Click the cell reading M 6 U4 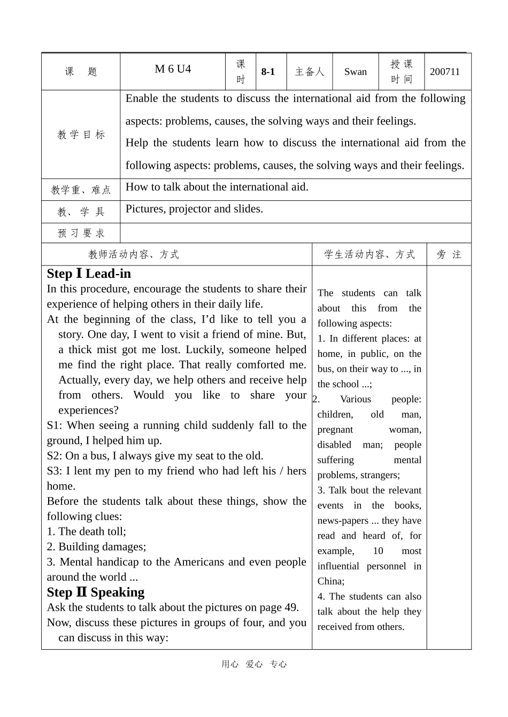click(x=172, y=69)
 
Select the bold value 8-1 click(x=268, y=72)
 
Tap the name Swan click(x=355, y=72)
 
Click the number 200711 click(x=444, y=72)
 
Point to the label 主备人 click(x=310, y=72)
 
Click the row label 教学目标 click(x=81, y=135)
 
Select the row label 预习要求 click(x=81, y=233)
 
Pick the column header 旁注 click(x=449, y=254)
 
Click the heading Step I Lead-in click(x=89, y=274)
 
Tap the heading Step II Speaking click(x=96, y=592)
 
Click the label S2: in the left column click(x=55, y=456)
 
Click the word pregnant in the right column click(x=335, y=430)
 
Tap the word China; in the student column click(x=331, y=581)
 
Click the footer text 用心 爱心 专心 click(x=254, y=664)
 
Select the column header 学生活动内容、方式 click(x=369, y=254)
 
